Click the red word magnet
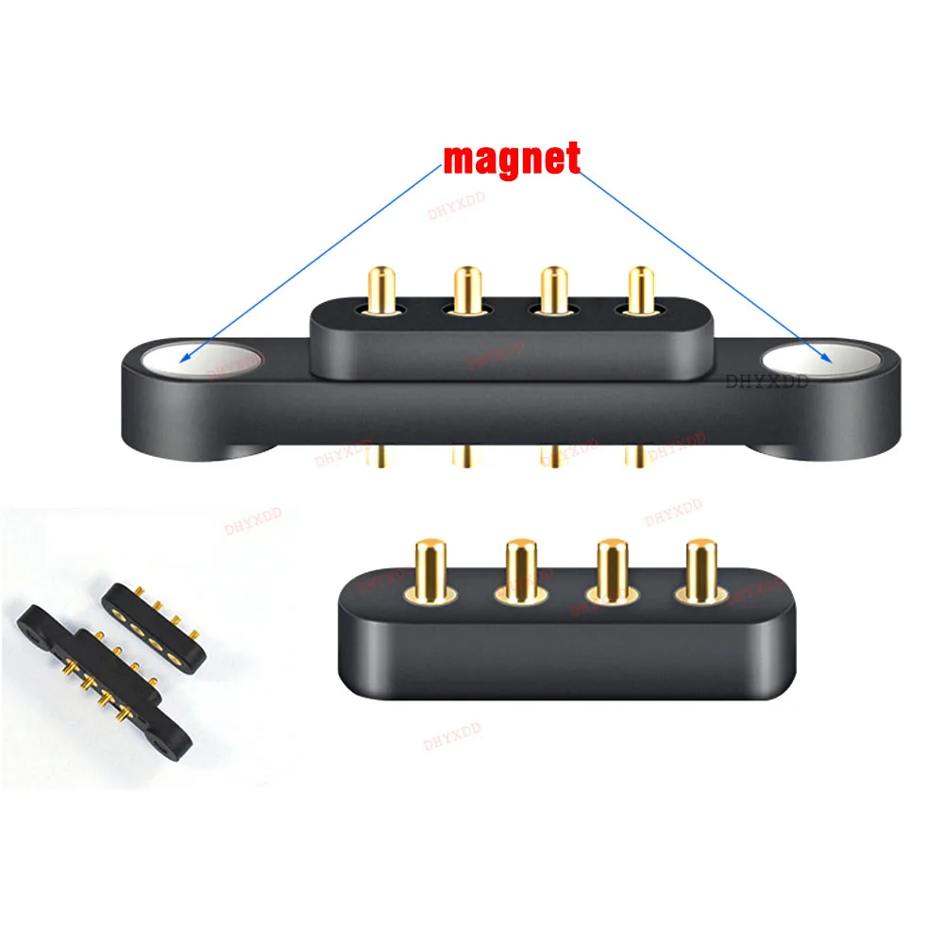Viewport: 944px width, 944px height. (x=512, y=159)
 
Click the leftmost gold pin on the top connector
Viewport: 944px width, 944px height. (x=381, y=289)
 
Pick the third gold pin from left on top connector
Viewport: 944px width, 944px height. (x=554, y=289)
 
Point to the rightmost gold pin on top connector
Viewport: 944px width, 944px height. (x=641, y=289)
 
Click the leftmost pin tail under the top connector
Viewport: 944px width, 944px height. (x=381, y=456)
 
